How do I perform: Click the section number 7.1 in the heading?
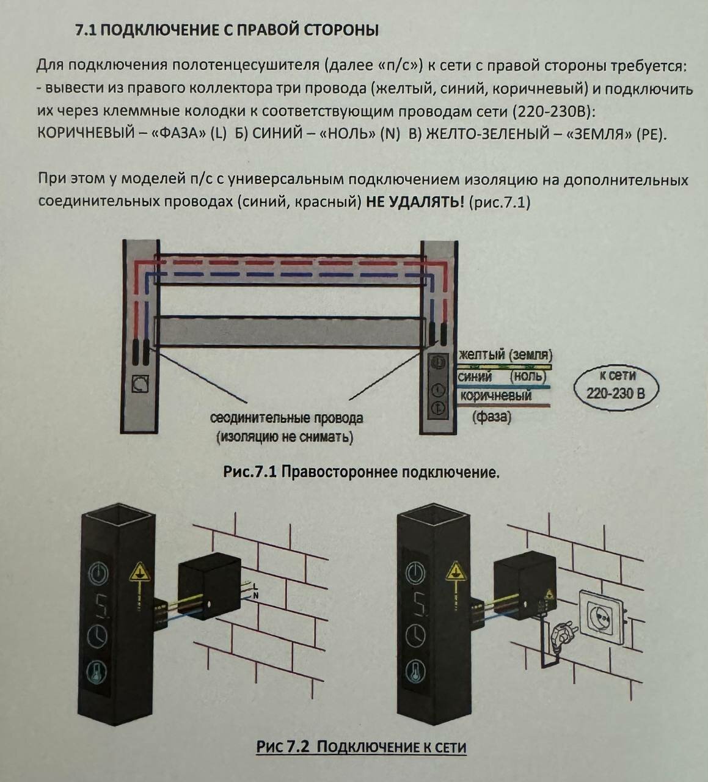coord(85,30)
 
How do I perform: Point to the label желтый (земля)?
coord(505,355)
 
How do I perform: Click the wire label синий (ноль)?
coord(501,377)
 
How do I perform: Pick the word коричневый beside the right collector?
coord(495,396)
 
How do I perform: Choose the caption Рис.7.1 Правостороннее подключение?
coord(362,472)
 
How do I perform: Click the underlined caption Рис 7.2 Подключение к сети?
coord(361,747)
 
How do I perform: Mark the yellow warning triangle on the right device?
coord(454,572)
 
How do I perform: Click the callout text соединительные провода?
coord(286,418)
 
